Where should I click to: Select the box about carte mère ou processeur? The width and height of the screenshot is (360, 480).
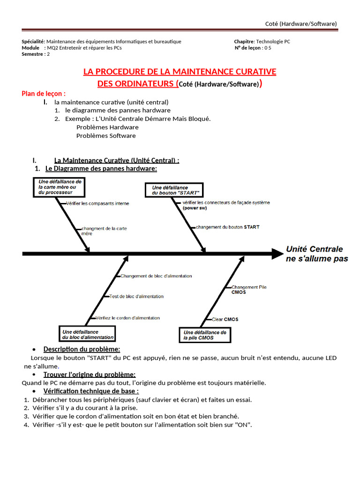(60, 187)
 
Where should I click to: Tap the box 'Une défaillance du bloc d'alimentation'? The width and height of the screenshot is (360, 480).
(87, 334)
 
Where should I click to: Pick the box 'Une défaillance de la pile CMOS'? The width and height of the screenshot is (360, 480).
(205, 335)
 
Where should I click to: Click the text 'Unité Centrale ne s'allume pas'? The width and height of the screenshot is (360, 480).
(316, 254)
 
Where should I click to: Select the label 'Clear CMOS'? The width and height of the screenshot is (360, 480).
(225, 319)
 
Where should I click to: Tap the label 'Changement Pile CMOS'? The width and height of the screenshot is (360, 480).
(249, 289)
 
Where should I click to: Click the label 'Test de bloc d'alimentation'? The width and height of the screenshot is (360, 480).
(136, 296)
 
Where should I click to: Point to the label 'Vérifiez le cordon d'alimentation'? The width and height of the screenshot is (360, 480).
(127, 318)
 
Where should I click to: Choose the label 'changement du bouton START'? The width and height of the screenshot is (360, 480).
(227, 227)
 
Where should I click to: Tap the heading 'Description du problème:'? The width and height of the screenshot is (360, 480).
(82, 349)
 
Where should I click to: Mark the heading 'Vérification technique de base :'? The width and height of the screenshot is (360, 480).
(91, 391)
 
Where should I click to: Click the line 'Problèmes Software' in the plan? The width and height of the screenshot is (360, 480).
(106, 135)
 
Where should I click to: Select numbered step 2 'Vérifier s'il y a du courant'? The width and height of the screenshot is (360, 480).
(85, 408)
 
